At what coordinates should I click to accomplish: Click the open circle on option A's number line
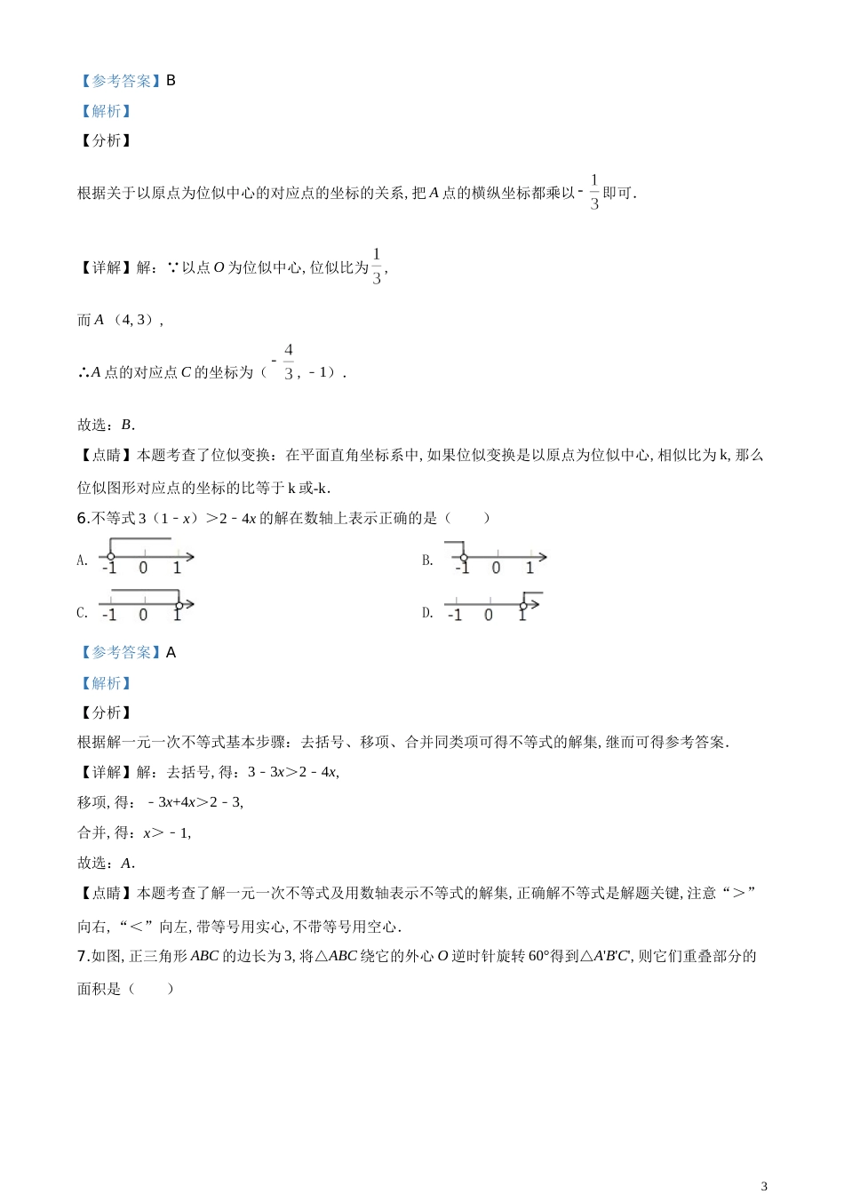110,557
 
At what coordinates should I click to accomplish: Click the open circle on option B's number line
464,558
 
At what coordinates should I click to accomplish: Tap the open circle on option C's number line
179,605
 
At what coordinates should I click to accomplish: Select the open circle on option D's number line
523,606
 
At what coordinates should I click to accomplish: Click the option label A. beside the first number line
82,561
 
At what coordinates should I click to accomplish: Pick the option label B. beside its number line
427,561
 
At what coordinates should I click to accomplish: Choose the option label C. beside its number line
82,613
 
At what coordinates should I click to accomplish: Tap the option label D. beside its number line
427,613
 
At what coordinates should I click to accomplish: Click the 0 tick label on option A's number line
143,569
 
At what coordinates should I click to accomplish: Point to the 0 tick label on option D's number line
489,616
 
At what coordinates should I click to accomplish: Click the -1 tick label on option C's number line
108,616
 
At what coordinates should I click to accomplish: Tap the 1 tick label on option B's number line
529,569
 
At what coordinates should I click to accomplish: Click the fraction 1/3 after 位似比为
377,267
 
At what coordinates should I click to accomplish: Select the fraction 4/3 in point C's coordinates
288,362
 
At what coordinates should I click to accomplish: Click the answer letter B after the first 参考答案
171,81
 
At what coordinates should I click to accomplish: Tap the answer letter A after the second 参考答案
171,653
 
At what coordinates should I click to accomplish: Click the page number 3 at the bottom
764,1185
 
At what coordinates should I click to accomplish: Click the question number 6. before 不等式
83,518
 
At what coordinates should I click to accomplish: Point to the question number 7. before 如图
83,957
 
